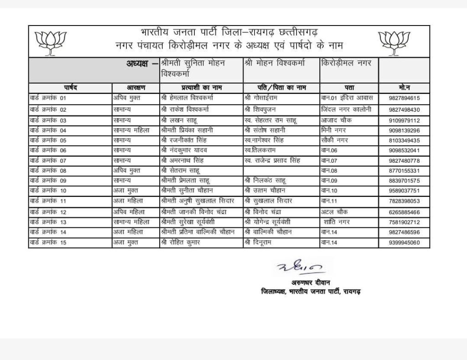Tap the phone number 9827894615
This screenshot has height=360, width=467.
(x=405, y=98)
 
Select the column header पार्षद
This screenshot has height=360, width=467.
(x=70, y=87)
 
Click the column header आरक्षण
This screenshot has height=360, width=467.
(x=135, y=87)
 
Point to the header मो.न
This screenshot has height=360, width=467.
(x=404, y=87)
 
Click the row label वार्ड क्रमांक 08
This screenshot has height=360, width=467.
(x=48, y=170)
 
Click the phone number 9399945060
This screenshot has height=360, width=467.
(x=405, y=242)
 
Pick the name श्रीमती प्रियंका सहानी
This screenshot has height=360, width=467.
(x=187, y=130)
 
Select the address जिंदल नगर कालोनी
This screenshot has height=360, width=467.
(x=346, y=110)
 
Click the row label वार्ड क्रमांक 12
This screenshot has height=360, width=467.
(x=48, y=212)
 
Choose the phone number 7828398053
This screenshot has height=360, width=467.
(x=405, y=201)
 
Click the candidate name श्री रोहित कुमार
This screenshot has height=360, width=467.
(x=182, y=242)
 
